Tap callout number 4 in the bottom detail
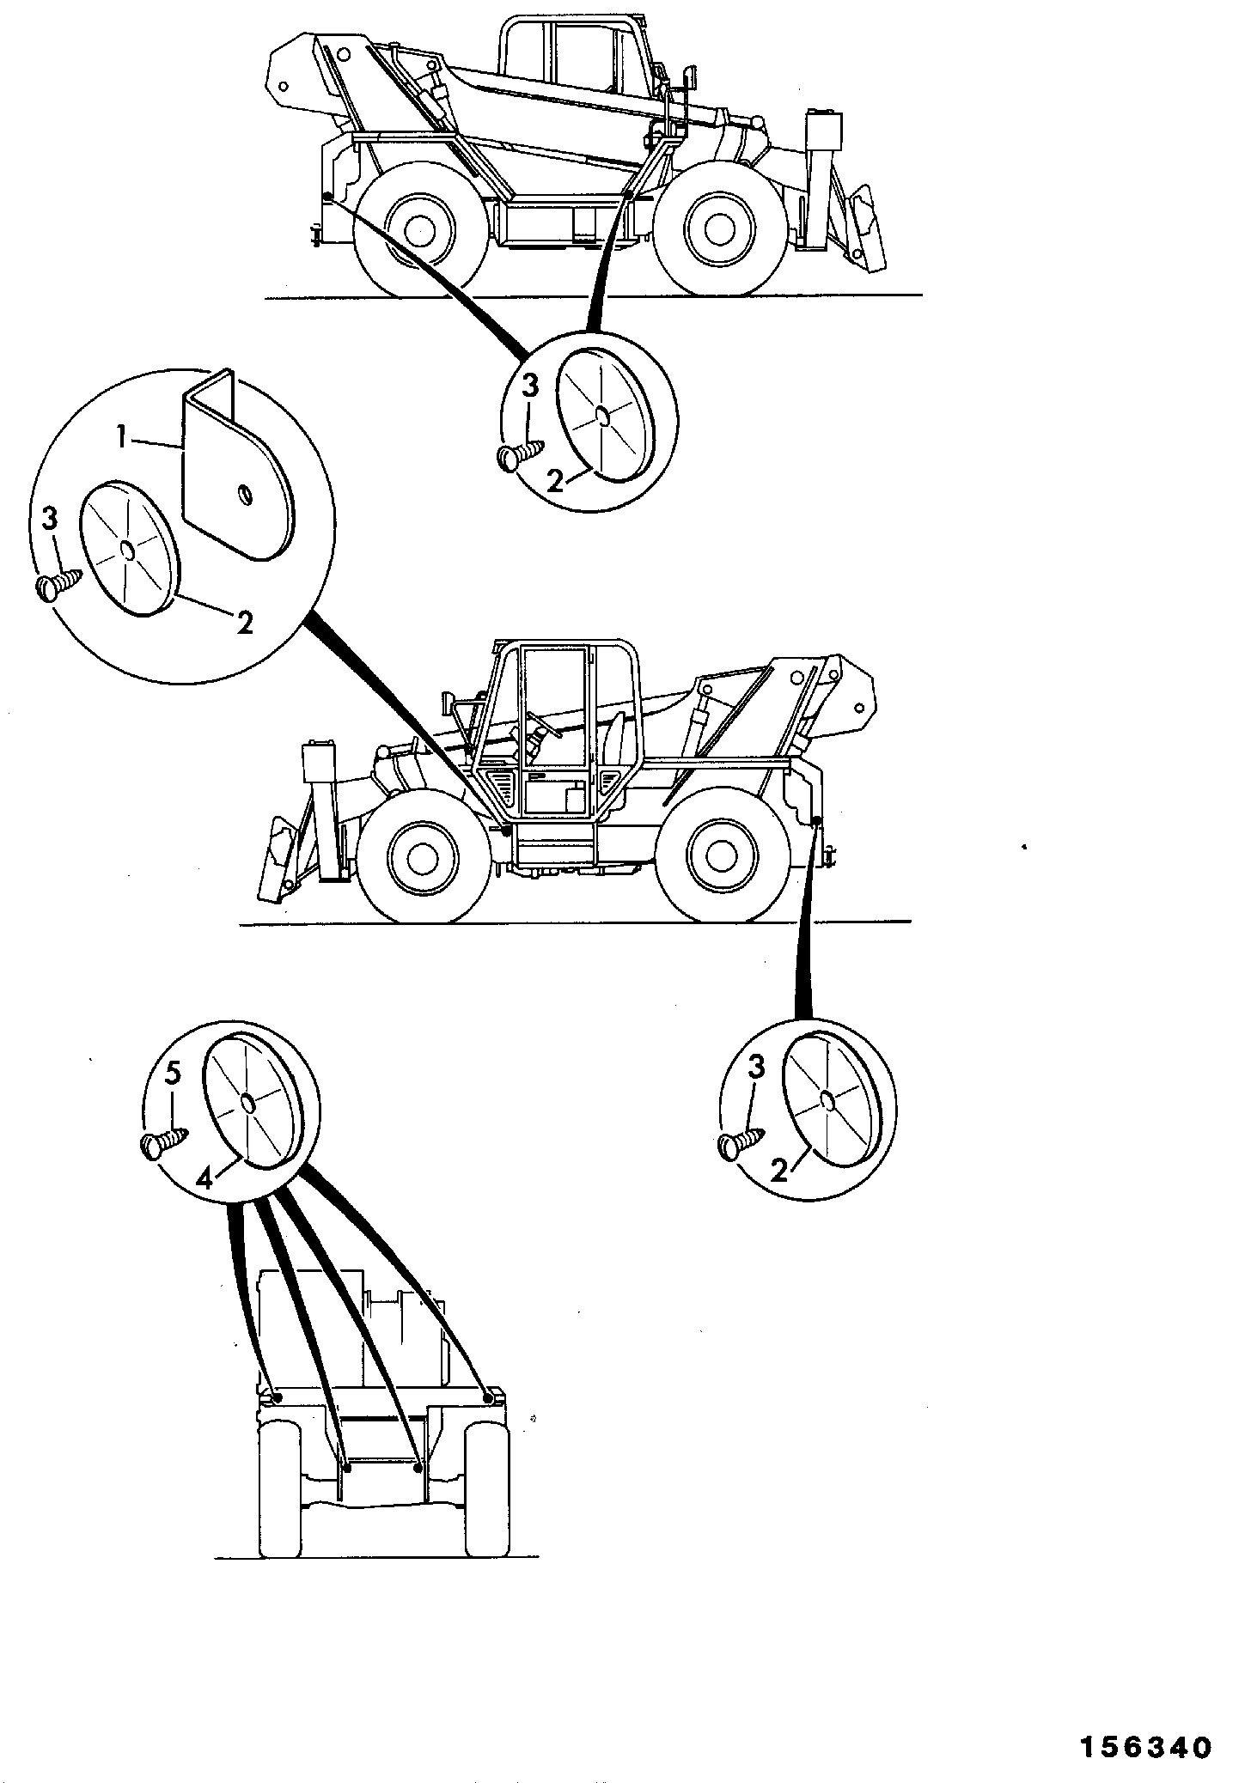click(x=203, y=1179)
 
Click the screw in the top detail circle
click(x=521, y=453)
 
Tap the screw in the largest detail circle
click(x=60, y=583)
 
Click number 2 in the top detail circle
click(x=556, y=479)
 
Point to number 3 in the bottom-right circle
click(x=755, y=1068)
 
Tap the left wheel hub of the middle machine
click(x=421, y=856)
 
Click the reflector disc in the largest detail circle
click(x=127, y=547)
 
